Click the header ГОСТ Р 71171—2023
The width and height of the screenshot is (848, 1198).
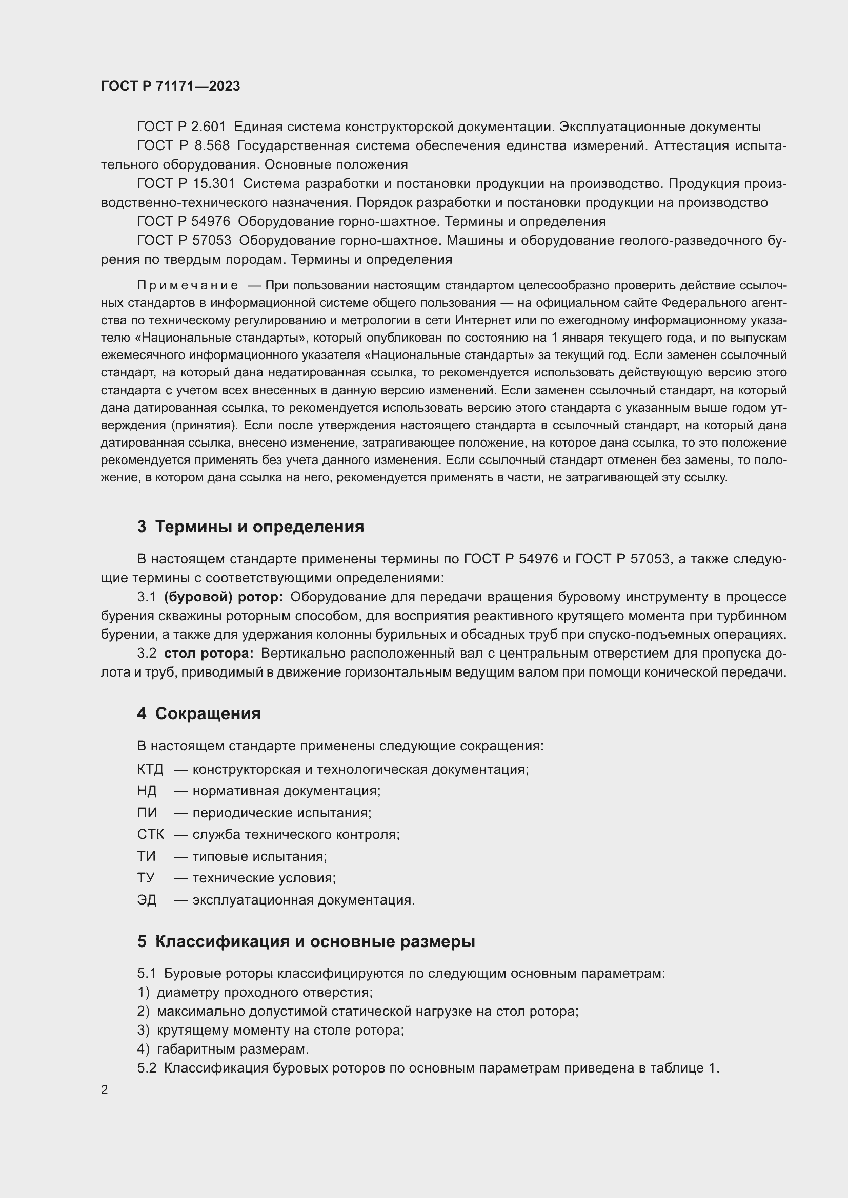coord(170,87)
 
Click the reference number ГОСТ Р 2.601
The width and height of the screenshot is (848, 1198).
coord(181,127)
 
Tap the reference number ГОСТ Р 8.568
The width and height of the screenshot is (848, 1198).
coord(183,145)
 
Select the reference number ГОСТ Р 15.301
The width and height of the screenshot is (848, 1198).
coord(186,184)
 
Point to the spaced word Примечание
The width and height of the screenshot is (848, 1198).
coord(188,285)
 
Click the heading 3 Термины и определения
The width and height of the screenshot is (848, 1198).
coord(251,527)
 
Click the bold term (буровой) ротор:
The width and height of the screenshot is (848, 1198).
coord(223,597)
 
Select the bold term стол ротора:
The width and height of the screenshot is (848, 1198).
coord(208,653)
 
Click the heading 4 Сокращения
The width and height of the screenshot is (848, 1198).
coord(198,713)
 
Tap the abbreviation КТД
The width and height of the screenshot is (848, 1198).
coord(150,770)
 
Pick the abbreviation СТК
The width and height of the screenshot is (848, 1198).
coord(150,834)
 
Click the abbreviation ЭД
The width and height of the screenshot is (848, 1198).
coord(147,900)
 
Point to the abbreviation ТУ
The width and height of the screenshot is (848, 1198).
coord(146,878)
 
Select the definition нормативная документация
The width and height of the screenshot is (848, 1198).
coord(286,791)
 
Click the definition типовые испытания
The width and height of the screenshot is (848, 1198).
coord(259,856)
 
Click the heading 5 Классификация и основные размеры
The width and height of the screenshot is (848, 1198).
coord(306,942)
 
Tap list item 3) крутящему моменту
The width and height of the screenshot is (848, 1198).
coord(271,1030)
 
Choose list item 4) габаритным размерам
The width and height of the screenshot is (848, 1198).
coord(223,1049)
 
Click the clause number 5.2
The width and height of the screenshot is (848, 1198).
coord(147,1068)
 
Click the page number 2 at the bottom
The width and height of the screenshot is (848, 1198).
coord(105,1090)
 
